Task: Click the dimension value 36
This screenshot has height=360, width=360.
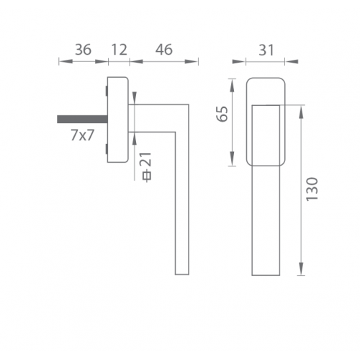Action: coord(83,50)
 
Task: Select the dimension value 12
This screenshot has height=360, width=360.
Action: coord(119,50)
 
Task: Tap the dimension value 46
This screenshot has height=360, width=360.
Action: coord(164,50)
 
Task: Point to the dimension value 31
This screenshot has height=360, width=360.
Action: coord(266,50)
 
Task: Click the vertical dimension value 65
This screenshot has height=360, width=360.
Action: coord(222,114)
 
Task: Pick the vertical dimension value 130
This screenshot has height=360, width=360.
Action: coord(312,189)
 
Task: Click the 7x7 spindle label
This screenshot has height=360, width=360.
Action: coord(82,135)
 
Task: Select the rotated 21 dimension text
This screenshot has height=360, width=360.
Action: coord(147,160)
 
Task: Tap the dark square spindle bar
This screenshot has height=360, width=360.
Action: coord(82,120)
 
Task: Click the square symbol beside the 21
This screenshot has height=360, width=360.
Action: coord(148,176)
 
